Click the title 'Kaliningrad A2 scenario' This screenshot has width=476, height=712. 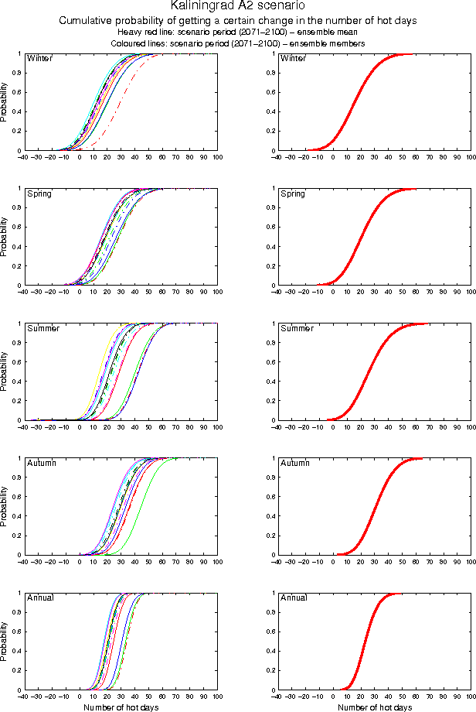tap(238, 6)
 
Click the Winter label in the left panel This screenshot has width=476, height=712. tap(39, 58)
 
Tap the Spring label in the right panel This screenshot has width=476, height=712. tap(293, 193)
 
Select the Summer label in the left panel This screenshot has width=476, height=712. tap(42, 328)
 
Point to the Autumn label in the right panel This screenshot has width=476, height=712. tap(294, 463)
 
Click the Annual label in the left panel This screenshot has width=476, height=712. tap(39, 597)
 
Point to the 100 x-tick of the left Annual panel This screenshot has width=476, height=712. tap(218, 697)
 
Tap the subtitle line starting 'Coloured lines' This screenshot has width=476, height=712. tap(238, 43)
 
